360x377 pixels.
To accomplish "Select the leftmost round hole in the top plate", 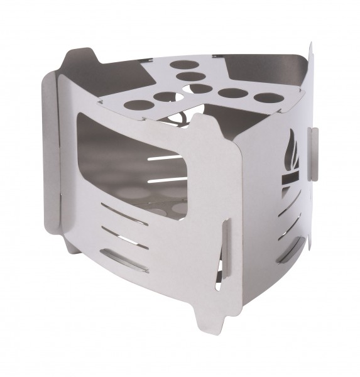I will (136, 105).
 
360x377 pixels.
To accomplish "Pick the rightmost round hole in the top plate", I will (266, 99).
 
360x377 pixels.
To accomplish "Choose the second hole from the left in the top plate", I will (165, 97).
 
